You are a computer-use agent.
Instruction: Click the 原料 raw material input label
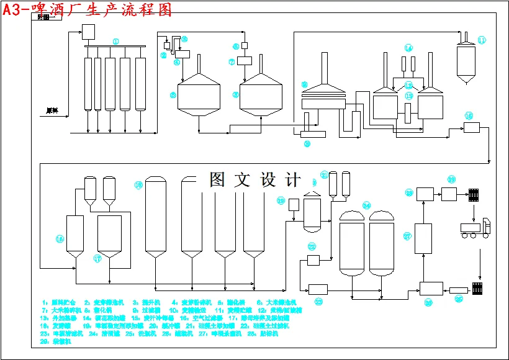tap(52, 110)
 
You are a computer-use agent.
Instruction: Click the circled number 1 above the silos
tap(115, 41)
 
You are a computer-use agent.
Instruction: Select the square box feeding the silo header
tap(88, 32)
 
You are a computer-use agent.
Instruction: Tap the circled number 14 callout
tap(408, 48)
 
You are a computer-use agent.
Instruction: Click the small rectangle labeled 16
tap(472, 127)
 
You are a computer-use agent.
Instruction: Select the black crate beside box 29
tap(475, 195)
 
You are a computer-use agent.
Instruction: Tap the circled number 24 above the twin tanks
tap(366, 205)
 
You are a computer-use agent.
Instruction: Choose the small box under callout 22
tap(313, 259)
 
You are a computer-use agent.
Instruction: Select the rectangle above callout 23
tap(318, 289)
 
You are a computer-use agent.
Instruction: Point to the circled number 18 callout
tap(139, 185)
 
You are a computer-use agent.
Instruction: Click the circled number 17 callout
tap(97, 258)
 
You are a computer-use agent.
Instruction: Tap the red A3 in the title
tap(13, 11)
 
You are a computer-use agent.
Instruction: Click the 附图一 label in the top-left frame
tap(46, 17)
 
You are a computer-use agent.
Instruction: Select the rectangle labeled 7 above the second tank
tap(244, 61)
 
